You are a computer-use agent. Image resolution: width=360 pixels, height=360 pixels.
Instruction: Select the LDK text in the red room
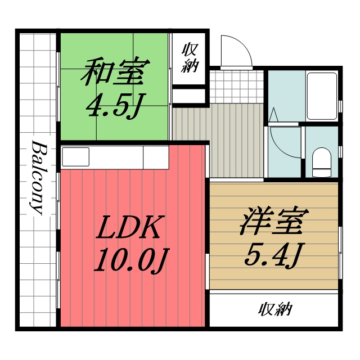click(x=129, y=228)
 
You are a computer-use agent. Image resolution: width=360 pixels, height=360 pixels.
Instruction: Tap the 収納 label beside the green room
click(x=190, y=58)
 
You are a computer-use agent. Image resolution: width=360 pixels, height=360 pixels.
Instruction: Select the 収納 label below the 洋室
click(x=276, y=309)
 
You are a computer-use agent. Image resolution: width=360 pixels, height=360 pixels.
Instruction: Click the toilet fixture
click(x=322, y=160)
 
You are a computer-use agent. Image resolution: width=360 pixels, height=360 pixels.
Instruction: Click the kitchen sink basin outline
click(x=75, y=157)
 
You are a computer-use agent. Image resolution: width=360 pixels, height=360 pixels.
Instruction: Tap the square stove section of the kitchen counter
click(x=156, y=157)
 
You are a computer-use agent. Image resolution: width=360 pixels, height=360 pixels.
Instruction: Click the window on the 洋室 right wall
click(x=341, y=247)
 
